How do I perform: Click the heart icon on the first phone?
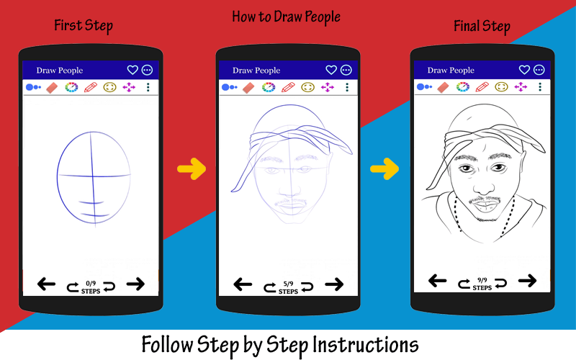(132, 70)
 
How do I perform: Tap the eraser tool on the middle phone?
(248, 87)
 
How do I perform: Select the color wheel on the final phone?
(463, 86)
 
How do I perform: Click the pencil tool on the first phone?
(91, 87)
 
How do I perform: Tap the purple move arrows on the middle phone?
(328, 87)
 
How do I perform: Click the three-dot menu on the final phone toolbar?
(540, 86)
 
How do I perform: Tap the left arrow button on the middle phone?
(243, 284)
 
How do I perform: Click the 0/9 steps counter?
(91, 287)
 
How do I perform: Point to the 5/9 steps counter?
(289, 287)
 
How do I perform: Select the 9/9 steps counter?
(482, 284)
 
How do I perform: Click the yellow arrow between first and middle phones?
(192, 168)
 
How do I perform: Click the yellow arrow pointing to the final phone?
(384, 168)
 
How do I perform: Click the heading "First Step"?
(84, 26)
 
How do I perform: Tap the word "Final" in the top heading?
(466, 26)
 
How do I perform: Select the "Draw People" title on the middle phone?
(256, 70)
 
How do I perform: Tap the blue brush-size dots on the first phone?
(33, 87)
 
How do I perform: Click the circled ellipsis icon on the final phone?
(539, 70)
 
